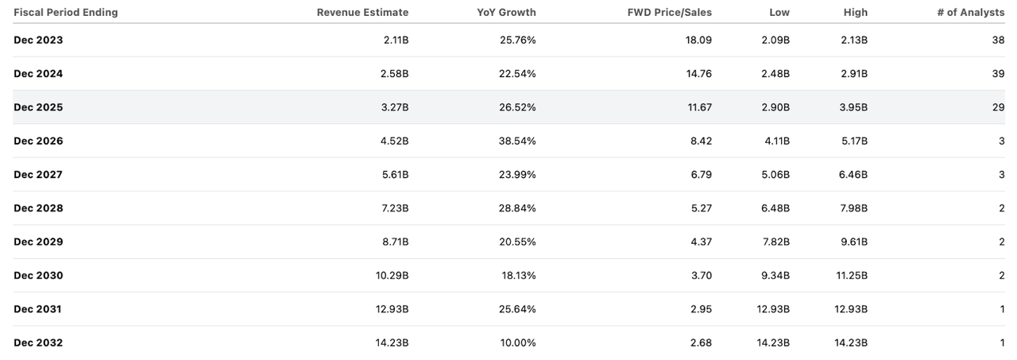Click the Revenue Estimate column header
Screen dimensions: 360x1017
tap(362, 12)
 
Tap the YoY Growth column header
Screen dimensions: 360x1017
tap(506, 12)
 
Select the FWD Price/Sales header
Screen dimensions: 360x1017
tap(670, 12)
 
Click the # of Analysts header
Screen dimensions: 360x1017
tap(971, 12)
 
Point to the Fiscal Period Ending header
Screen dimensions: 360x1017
tap(65, 12)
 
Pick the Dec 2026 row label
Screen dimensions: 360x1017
tap(38, 141)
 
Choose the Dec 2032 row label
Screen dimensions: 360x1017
tap(38, 343)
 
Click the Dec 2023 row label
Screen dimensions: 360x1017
tap(38, 40)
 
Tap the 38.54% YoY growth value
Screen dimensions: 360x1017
tap(516, 141)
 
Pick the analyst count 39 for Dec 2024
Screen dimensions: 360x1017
tap(998, 73)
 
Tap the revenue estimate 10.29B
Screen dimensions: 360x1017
tap(392, 275)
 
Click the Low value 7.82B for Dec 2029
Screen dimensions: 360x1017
tap(775, 242)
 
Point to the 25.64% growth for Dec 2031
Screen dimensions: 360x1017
tap(516, 309)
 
